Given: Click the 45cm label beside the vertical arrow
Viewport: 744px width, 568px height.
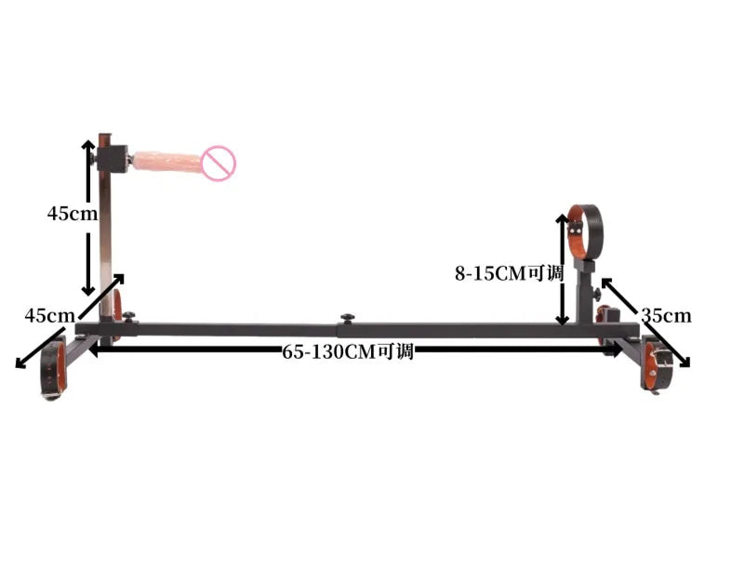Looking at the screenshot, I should pyautogui.click(x=72, y=213).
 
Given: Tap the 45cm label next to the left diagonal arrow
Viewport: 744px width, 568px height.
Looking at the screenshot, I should pyautogui.click(x=49, y=315).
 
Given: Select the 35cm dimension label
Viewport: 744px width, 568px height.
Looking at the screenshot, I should pyautogui.click(x=666, y=315).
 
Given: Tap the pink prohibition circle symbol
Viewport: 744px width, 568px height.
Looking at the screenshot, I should pyautogui.click(x=219, y=164).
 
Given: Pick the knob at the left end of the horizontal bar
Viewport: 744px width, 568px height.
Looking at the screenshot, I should pyautogui.click(x=128, y=316).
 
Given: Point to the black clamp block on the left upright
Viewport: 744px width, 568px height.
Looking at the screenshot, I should pyautogui.click(x=114, y=157).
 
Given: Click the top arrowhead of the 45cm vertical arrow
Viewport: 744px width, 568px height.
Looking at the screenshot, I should pyautogui.click(x=88, y=145).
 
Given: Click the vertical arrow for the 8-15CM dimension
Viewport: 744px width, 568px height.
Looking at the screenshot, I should pyautogui.click(x=562, y=270).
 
